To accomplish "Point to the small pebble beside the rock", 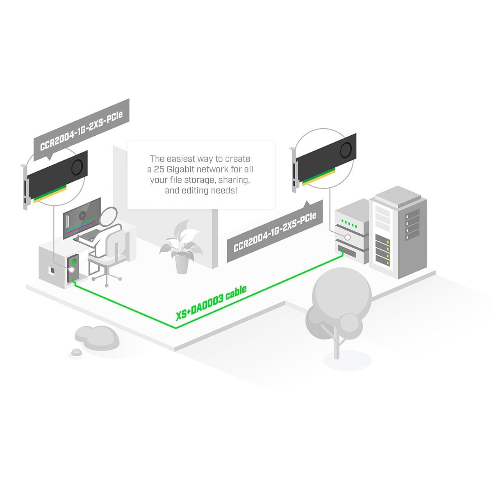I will (x=76, y=352).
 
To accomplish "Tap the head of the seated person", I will (x=109, y=216).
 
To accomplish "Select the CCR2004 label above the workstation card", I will (x=82, y=131).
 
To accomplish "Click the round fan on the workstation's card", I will (x=77, y=167).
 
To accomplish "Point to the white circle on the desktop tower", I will (x=72, y=270).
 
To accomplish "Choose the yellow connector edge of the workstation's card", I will (x=50, y=196).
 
